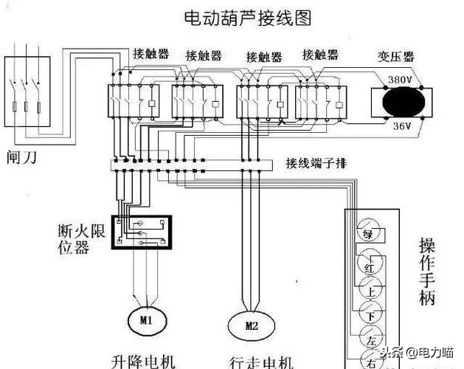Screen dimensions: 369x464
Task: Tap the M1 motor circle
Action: click(145, 319)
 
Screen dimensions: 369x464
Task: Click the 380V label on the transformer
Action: click(399, 79)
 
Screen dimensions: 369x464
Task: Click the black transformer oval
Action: click(398, 102)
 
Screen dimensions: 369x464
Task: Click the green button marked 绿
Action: click(367, 234)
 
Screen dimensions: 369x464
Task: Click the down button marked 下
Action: click(370, 316)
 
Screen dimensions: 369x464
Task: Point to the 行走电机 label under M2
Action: click(262, 361)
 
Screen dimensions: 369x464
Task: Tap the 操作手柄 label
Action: click(427, 271)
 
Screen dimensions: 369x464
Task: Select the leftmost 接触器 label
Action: click(150, 54)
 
